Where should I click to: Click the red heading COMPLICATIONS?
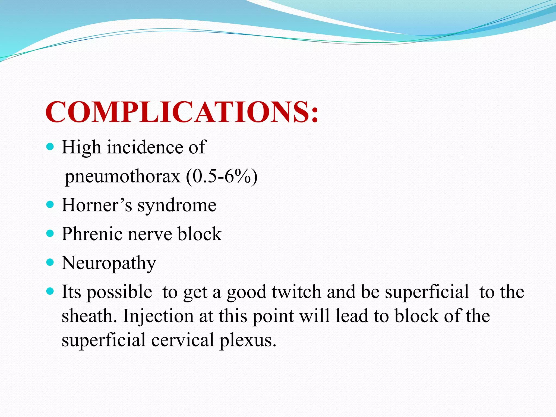tap(181, 112)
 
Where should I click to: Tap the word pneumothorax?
tap(122, 176)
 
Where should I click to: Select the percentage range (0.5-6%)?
tap(222, 176)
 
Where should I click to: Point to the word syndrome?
tap(177, 206)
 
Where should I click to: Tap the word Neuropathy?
tap(109, 263)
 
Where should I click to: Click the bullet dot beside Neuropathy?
tap(50, 263)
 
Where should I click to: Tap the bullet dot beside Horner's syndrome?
tap(50, 204)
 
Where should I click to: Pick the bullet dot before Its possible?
tap(50, 292)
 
